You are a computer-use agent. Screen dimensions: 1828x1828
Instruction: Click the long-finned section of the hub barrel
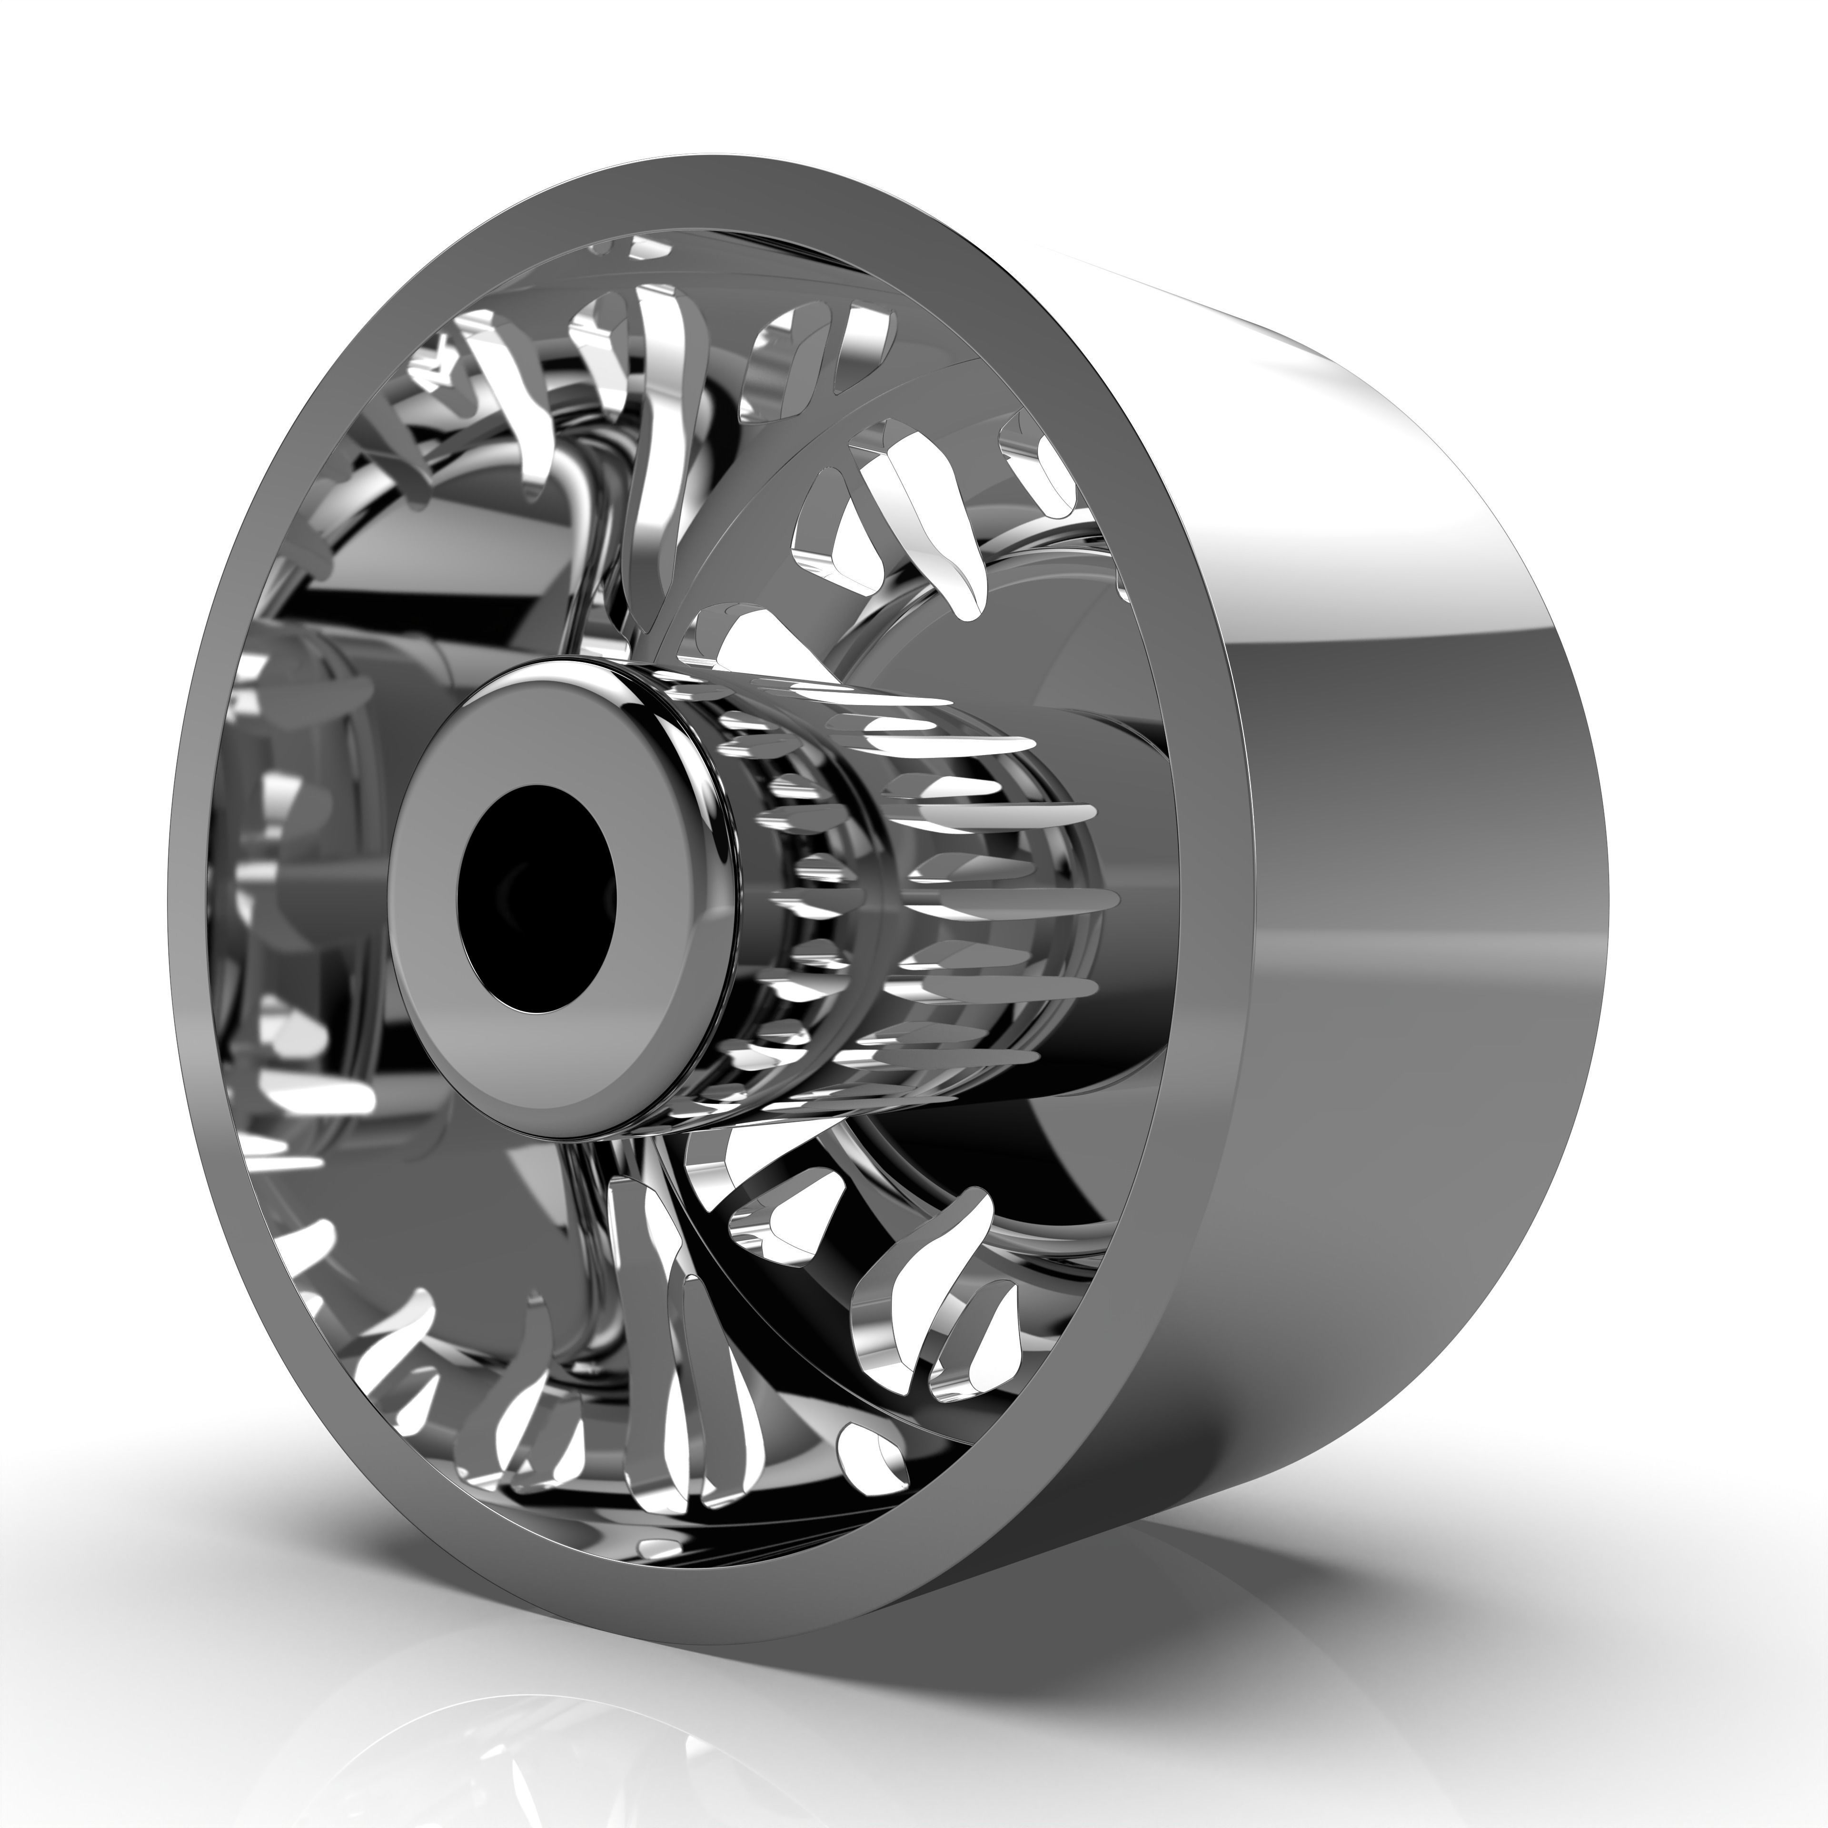click(x=993, y=880)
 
